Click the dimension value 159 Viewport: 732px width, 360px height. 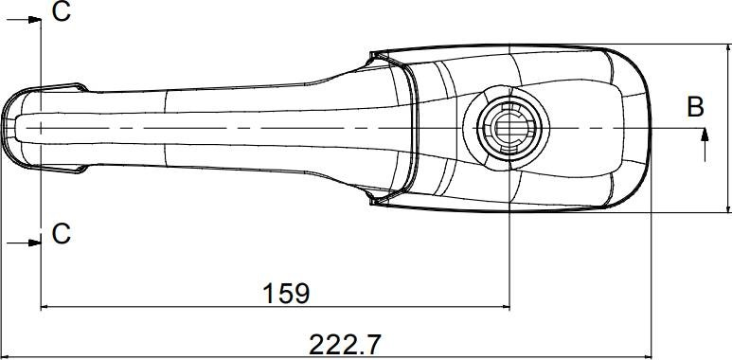[x=286, y=294]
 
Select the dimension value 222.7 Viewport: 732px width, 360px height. [x=345, y=345]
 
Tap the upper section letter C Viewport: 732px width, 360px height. [x=62, y=11]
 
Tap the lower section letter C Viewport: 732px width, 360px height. [x=62, y=234]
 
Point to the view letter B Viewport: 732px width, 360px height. [x=695, y=107]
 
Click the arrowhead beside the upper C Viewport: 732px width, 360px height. [x=34, y=20]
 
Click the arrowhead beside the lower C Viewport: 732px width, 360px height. [x=34, y=243]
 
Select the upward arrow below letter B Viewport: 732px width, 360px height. [x=705, y=145]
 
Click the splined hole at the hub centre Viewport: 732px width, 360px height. [x=509, y=128]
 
